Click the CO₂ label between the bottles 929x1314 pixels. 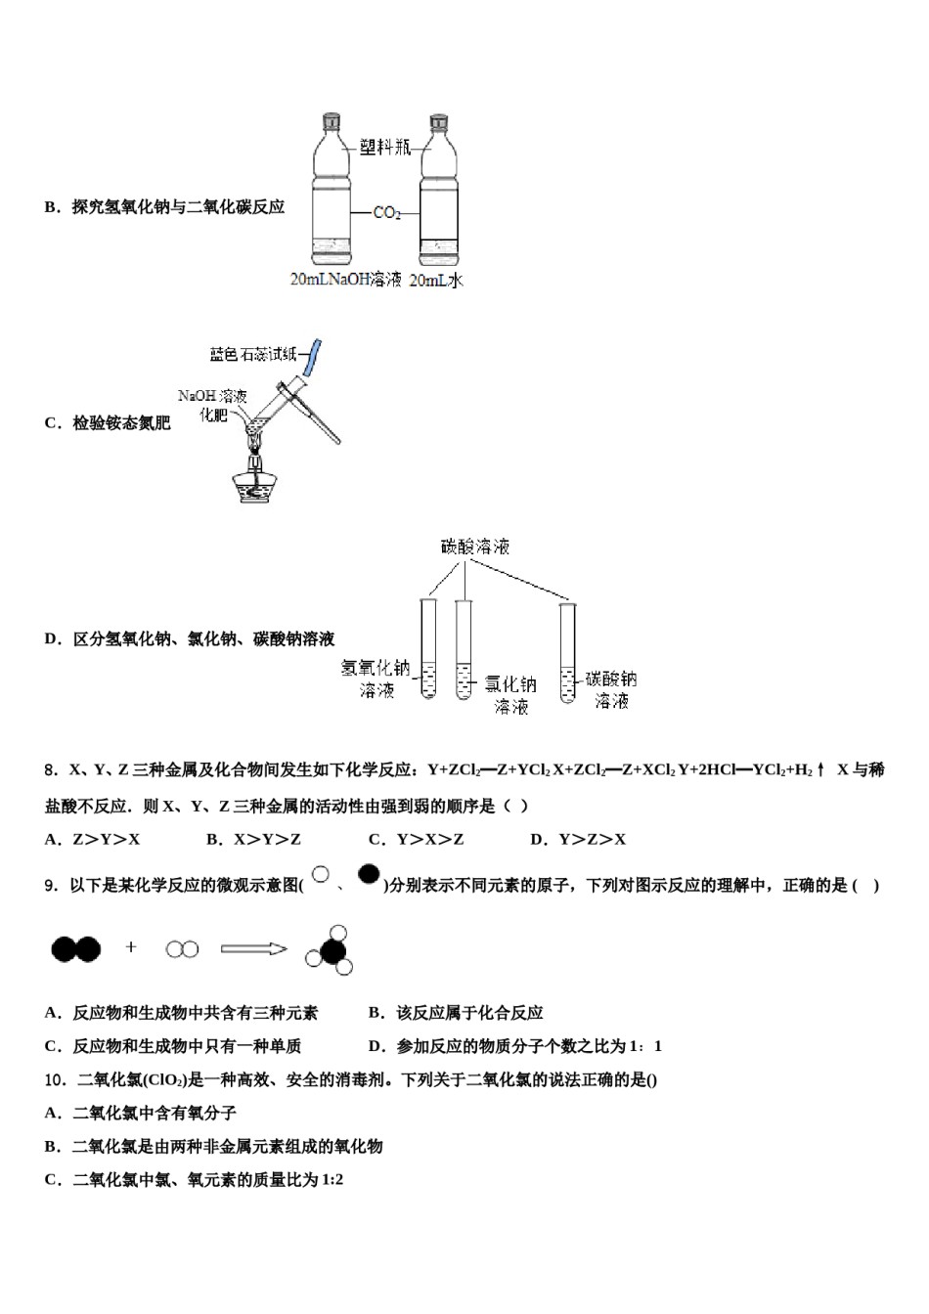(x=387, y=211)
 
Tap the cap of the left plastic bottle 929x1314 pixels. (x=330, y=120)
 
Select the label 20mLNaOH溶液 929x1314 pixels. (x=346, y=280)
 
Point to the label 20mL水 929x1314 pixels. (x=435, y=280)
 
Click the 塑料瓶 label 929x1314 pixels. (x=383, y=147)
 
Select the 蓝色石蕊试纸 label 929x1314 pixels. (x=252, y=353)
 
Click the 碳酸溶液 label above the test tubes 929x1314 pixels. (x=475, y=547)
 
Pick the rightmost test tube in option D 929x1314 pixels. (x=567, y=653)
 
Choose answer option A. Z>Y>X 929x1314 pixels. (x=93, y=839)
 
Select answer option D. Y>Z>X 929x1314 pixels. (x=578, y=839)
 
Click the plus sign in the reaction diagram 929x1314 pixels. (x=131, y=946)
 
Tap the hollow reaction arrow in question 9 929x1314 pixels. (x=253, y=947)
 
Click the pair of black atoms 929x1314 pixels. (x=75, y=947)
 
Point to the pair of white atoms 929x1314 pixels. (x=182, y=948)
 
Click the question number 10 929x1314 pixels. (x=55, y=1079)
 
